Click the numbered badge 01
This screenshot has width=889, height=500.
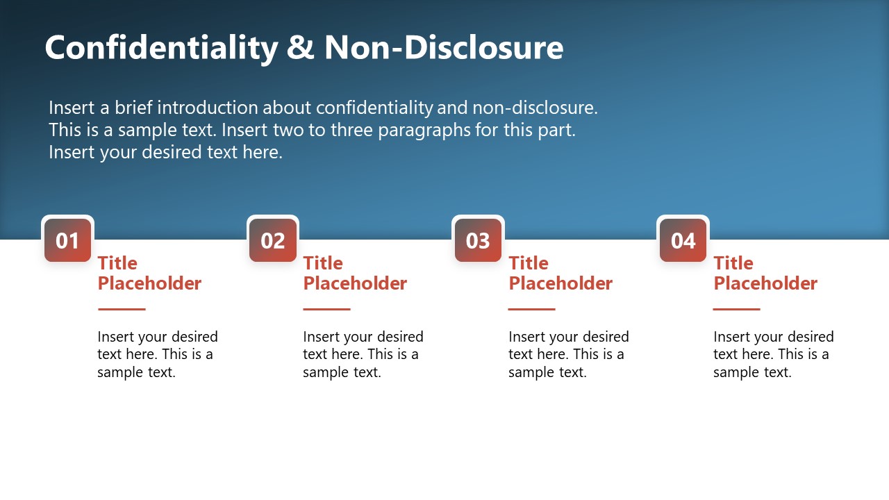[x=67, y=240]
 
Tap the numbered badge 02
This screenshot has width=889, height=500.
[x=273, y=240]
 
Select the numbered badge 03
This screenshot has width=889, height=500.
[x=478, y=240]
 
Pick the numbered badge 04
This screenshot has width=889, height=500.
[x=683, y=240]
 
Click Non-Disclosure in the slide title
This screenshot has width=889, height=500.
[x=444, y=48]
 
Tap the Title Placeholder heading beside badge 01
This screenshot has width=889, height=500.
[x=149, y=273]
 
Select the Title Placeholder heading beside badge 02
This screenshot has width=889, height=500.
[x=355, y=273]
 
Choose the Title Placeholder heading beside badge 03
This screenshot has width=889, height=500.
[x=560, y=273]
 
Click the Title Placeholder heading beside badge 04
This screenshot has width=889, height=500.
[x=765, y=273]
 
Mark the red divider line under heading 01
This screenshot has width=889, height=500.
[x=122, y=309]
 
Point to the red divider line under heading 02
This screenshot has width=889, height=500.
[x=327, y=309]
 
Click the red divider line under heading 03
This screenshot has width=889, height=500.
[x=532, y=309]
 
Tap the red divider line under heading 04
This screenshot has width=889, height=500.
[x=737, y=309]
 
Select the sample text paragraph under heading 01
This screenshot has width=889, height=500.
[x=158, y=354]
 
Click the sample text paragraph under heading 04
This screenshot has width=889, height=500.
[x=773, y=354]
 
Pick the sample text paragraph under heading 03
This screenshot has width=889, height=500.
[x=568, y=354]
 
